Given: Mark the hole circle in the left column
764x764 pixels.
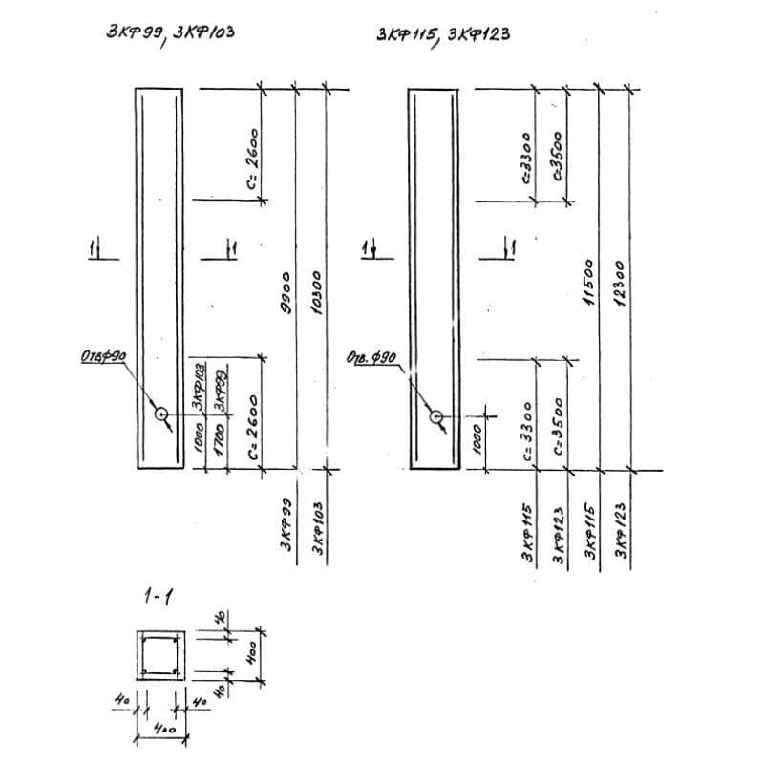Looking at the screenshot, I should point(161,414).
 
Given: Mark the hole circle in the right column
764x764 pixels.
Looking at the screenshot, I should point(436,417).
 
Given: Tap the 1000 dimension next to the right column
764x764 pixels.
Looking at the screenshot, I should point(477,440).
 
